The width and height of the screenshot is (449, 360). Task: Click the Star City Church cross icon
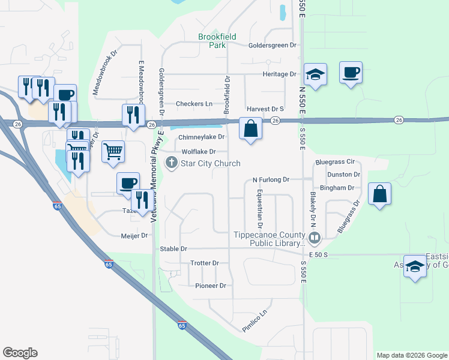(x=172, y=163)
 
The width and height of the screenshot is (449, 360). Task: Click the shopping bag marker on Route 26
(x=250, y=128)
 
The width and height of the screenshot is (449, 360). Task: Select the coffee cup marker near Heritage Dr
(x=351, y=72)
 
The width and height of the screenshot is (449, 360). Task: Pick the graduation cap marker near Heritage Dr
(x=315, y=74)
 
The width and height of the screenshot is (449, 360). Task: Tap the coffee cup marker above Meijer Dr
(x=128, y=183)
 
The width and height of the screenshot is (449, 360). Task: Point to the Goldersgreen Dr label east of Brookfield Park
(x=273, y=45)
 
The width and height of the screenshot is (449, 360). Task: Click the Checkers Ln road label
(x=194, y=104)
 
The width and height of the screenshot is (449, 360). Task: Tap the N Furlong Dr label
(x=271, y=179)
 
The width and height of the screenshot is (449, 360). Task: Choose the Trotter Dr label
(x=204, y=263)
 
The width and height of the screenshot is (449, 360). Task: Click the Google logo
(x=20, y=353)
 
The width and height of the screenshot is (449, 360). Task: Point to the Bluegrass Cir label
(x=334, y=162)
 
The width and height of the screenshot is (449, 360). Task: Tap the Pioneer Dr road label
(x=210, y=286)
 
